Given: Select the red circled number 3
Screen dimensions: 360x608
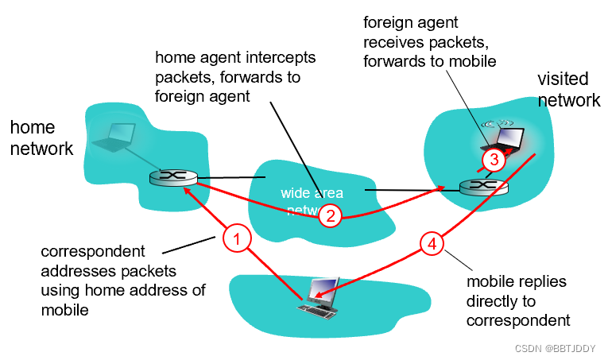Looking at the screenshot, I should (494, 160).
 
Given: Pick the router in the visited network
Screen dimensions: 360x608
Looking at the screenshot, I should (484, 188).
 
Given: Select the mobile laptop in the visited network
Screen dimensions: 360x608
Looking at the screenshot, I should (502, 141).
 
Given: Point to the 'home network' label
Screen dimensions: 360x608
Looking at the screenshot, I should (41, 137).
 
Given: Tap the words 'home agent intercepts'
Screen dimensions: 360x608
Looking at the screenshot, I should (235, 58).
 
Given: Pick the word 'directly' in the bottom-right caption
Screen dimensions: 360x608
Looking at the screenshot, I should (495, 302).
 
